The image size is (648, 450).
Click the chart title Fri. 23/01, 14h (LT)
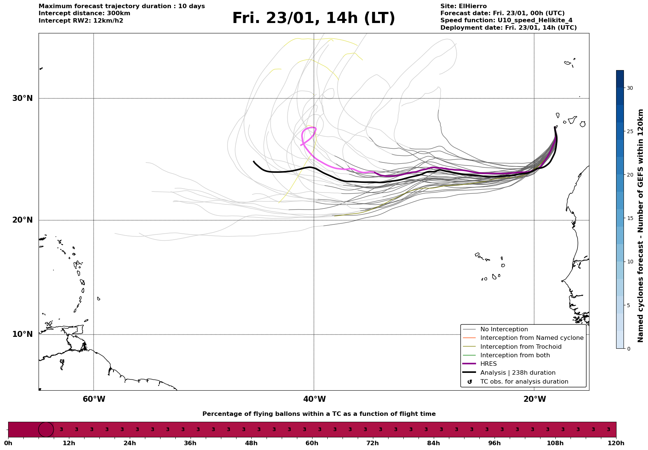[314, 18]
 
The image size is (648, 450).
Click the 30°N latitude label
[23, 98]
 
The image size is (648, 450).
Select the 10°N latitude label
[23, 334]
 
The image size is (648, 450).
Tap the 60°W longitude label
[94, 399]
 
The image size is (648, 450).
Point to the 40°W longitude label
[314, 399]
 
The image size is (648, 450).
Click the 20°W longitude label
[535, 399]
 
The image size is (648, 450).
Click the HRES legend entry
[488, 364]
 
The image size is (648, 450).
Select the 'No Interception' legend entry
[504, 329]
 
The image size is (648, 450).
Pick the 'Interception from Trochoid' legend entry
[520, 347]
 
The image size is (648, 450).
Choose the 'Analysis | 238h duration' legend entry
[518, 373]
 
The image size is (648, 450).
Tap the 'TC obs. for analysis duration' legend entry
[524, 382]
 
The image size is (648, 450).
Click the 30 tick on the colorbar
[630, 88]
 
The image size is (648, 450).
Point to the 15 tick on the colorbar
[630, 218]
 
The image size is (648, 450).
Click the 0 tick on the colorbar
[628, 349]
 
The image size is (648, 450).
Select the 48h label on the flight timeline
[251, 443]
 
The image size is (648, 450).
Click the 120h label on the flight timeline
[616, 443]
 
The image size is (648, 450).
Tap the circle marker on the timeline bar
[46, 430]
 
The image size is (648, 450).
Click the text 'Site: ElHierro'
[463, 6]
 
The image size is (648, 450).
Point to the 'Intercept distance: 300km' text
[84, 13]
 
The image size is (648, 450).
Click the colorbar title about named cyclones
[641, 226]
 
